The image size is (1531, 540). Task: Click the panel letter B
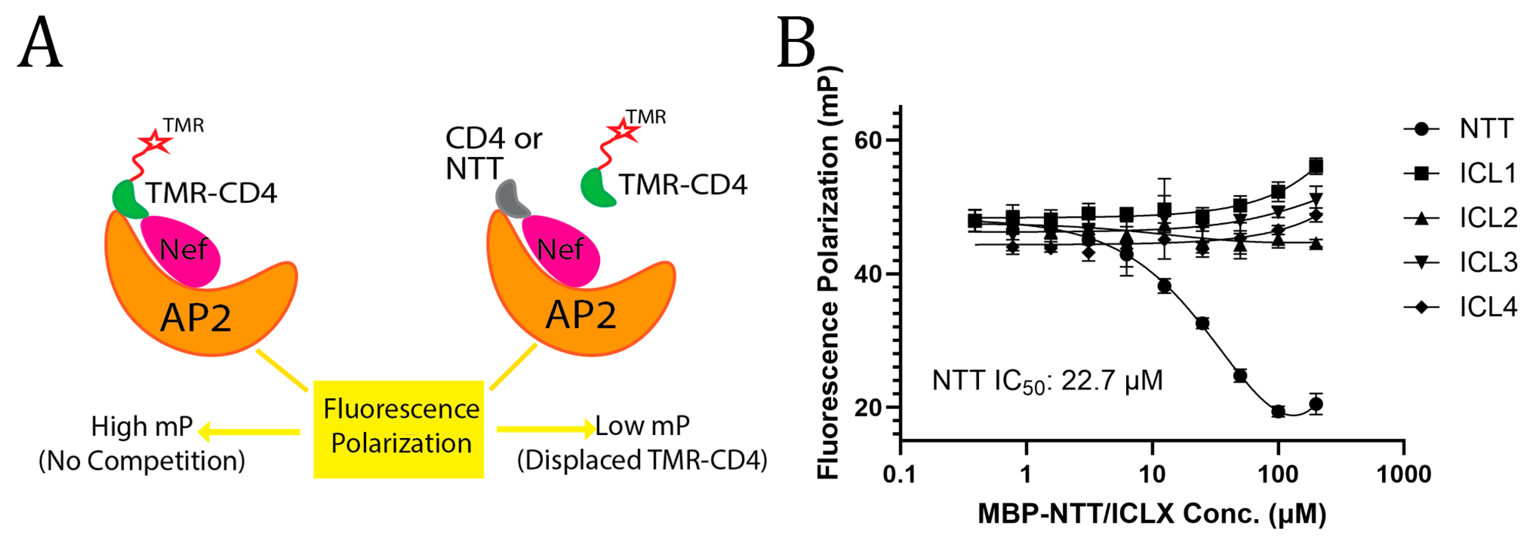[x=796, y=43]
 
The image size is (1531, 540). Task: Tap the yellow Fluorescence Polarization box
[x=398, y=428]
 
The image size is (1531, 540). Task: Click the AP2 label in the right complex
[x=581, y=315]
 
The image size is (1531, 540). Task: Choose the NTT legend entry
[x=1459, y=129]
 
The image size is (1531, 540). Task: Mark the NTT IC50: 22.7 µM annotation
[x=1046, y=381]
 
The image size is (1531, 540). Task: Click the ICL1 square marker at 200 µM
[x=1316, y=166]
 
